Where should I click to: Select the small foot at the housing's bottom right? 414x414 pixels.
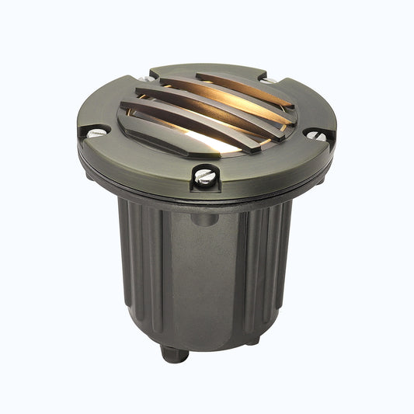pyautogui.click(x=253, y=339)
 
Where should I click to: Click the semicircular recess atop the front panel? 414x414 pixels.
pyautogui.click(x=204, y=220)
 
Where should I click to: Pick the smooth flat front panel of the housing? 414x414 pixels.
pyautogui.click(x=204, y=280)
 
